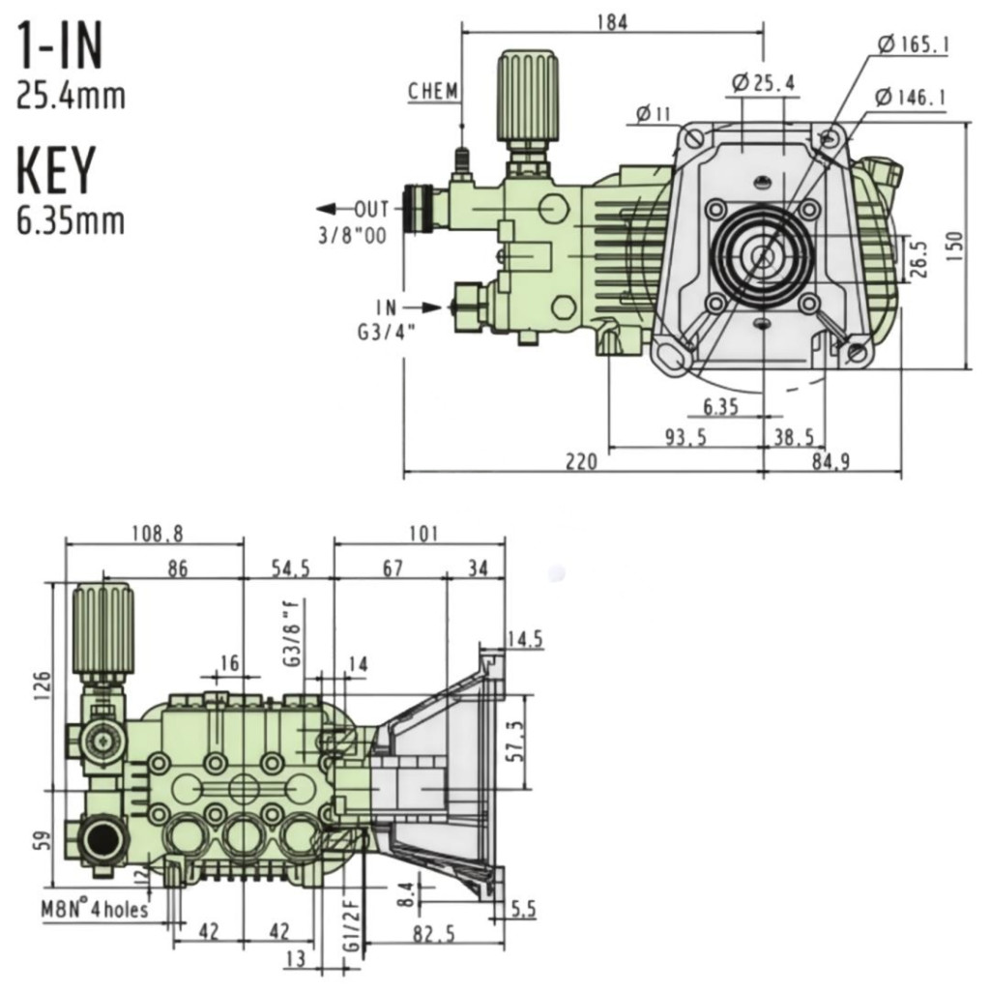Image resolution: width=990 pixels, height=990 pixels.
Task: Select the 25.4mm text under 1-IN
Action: click(x=71, y=97)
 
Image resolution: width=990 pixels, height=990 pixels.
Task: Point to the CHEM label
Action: click(x=433, y=92)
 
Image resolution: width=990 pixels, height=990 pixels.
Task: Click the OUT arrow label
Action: click(x=370, y=209)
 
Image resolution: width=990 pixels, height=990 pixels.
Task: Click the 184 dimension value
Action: click(x=612, y=22)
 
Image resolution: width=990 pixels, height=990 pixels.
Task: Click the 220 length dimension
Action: click(x=581, y=462)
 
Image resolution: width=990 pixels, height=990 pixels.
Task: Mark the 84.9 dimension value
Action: click(x=830, y=462)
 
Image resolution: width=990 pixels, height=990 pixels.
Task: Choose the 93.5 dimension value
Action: click(x=684, y=437)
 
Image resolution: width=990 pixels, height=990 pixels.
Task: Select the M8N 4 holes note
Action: click(x=94, y=909)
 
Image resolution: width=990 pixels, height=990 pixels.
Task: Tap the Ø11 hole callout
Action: click(x=654, y=115)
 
